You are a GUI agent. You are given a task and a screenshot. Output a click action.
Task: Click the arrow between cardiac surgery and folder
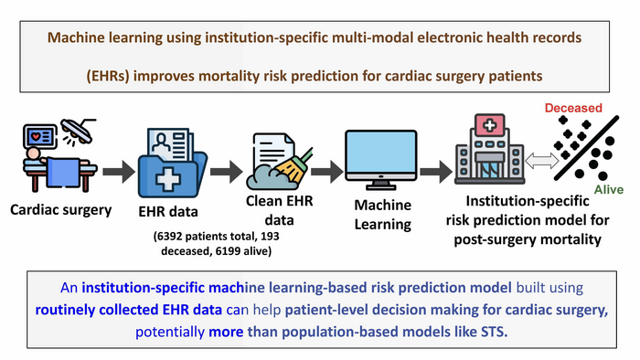(x=116, y=169)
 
